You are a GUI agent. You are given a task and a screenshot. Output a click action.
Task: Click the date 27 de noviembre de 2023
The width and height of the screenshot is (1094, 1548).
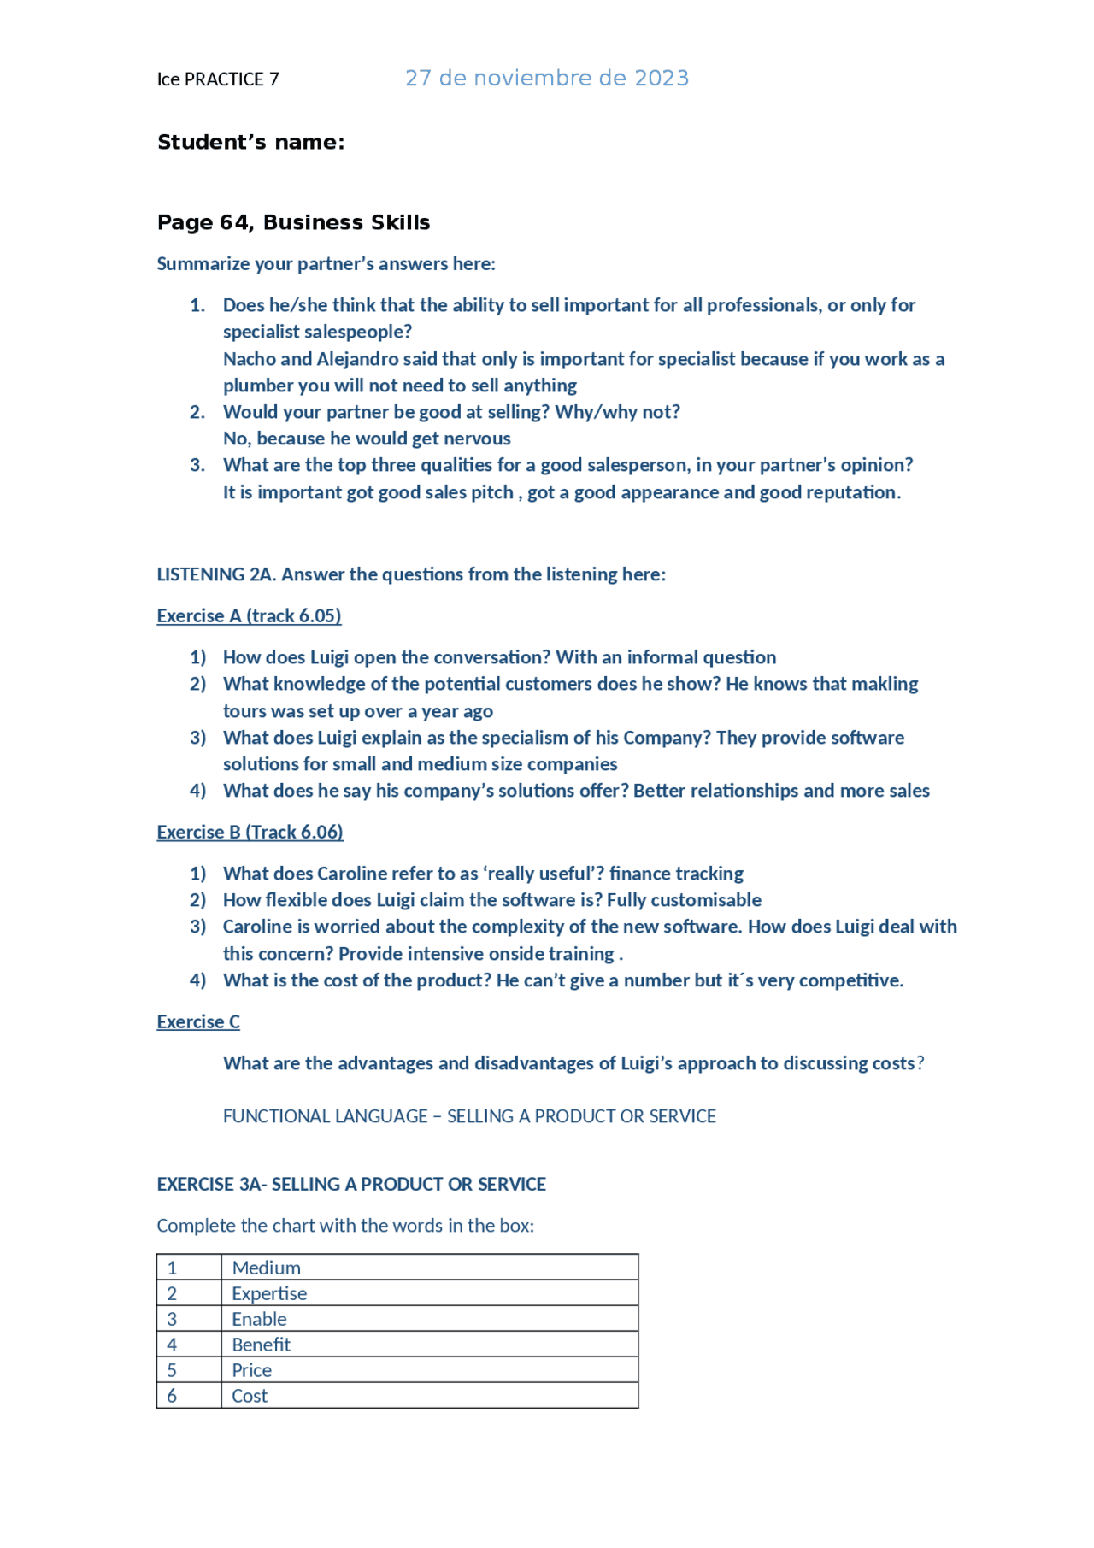[x=546, y=79]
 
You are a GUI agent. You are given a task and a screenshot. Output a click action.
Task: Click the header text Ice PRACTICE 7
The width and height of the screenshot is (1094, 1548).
[x=218, y=79]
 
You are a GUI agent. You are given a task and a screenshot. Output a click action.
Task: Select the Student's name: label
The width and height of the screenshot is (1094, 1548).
[x=250, y=142]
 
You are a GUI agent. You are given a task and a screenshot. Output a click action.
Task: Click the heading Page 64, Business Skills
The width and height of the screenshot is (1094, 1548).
[x=293, y=222]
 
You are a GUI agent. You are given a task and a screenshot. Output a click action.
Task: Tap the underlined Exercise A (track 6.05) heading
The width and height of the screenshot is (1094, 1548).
[x=249, y=615]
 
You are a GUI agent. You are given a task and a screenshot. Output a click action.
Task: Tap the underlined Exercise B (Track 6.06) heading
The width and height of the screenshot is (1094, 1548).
[x=250, y=832]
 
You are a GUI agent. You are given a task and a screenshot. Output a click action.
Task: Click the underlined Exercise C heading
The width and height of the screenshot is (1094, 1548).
[x=198, y=1021]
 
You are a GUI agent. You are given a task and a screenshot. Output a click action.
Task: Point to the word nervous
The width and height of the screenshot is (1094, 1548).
[x=477, y=439]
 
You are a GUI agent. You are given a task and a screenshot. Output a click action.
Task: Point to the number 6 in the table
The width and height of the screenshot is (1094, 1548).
[x=172, y=1396]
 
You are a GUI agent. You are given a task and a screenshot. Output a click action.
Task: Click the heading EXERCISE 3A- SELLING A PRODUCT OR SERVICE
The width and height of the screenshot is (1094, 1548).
[x=351, y=1184]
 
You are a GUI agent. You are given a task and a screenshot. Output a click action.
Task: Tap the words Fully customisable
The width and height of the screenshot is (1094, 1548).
[x=684, y=900]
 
